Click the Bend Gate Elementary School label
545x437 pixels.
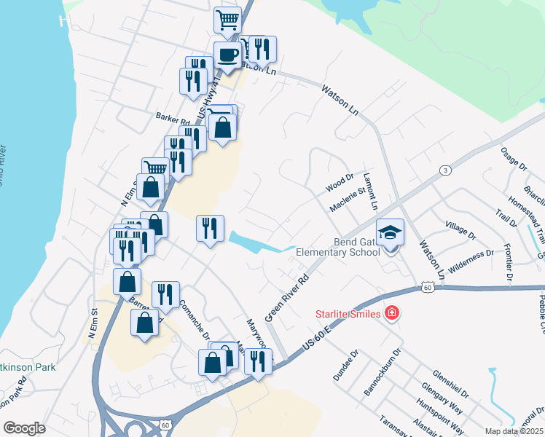click(x=338, y=246)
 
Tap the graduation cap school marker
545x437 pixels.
click(x=390, y=233)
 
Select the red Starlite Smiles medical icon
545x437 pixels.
click(x=392, y=313)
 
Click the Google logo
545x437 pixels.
click(x=24, y=428)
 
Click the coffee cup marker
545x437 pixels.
click(x=227, y=55)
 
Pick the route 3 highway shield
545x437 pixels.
click(x=443, y=170)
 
